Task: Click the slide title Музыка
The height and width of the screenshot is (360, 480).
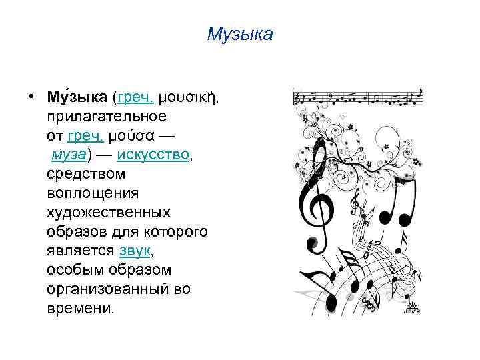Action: [x=240, y=34]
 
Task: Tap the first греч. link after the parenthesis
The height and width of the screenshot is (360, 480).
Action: [x=136, y=98]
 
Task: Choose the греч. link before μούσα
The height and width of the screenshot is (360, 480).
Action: [x=86, y=136]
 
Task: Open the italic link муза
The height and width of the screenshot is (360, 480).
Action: [x=68, y=155]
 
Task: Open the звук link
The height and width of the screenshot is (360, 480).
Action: [x=136, y=251]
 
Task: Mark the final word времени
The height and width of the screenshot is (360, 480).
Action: [x=80, y=309]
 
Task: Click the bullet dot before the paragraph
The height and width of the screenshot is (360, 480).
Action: [x=32, y=99]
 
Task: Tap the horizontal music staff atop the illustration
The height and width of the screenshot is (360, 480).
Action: [x=358, y=99]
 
